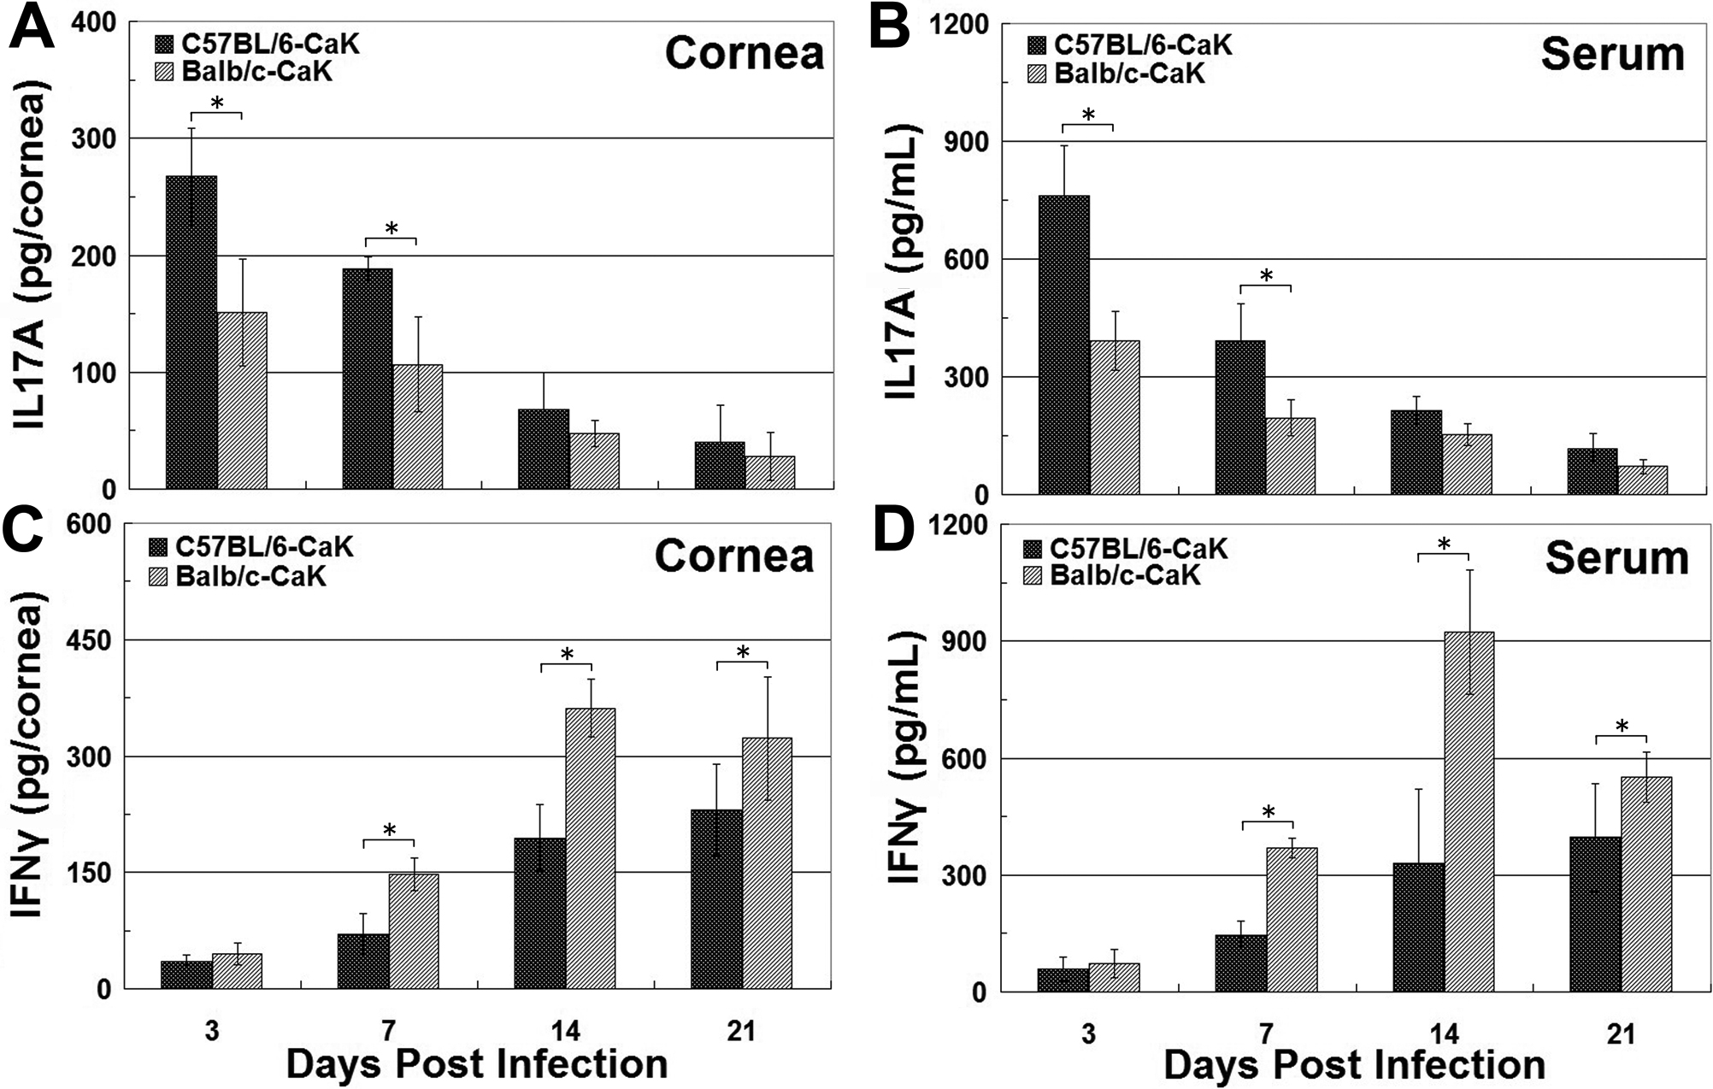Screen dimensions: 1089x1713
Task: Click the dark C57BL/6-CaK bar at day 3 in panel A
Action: (191, 333)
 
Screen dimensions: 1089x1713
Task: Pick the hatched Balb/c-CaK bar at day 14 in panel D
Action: (1469, 812)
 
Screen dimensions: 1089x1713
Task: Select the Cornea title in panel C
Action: (733, 556)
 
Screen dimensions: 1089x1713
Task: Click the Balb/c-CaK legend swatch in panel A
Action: (165, 72)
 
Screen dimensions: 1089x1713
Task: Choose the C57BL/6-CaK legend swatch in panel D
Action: (1036, 549)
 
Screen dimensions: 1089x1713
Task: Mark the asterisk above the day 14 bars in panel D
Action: (1444, 544)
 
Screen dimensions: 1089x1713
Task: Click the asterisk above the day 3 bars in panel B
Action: (1087, 114)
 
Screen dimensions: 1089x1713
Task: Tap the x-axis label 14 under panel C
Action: (565, 1032)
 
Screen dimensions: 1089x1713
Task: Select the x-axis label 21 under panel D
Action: (1620, 1034)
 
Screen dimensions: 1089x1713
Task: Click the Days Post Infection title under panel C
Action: (476, 1065)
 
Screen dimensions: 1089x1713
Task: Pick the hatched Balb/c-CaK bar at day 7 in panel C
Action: (414, 931)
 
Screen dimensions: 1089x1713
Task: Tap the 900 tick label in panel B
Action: (972, 141)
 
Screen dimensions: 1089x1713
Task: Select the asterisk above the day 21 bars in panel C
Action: (742, 652)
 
